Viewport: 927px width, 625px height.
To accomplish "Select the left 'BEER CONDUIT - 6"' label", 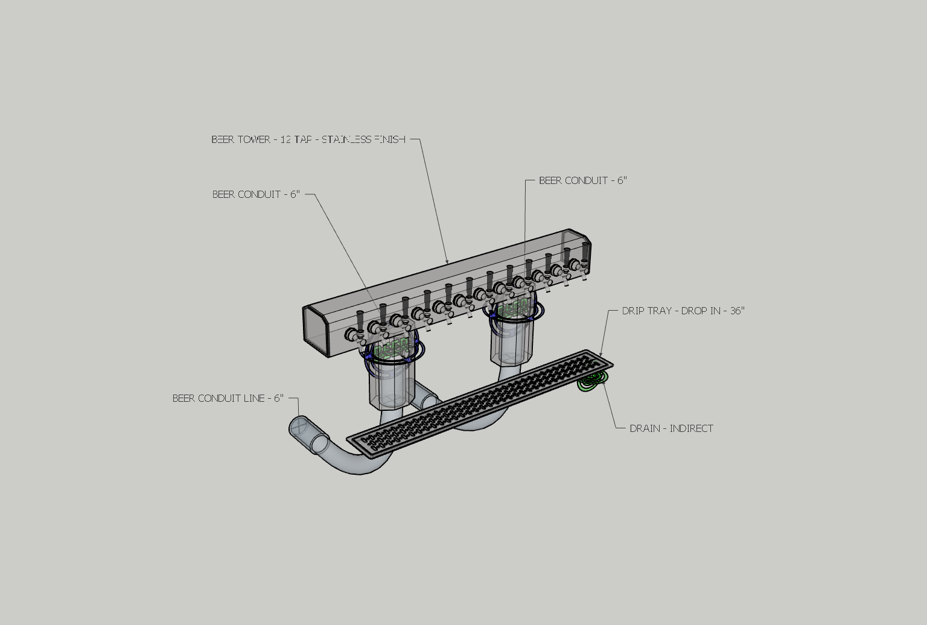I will [256, 194].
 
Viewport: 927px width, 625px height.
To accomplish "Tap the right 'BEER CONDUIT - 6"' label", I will [583, 180].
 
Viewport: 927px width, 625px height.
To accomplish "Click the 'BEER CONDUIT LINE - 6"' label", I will [228, 398].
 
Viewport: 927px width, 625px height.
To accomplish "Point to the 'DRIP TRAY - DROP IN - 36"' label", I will [683, 311].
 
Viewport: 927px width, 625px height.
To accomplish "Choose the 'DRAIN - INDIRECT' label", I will [671, 428].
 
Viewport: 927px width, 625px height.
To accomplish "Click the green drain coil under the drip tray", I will [591, 382].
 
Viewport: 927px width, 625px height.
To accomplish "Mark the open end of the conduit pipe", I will [300, 426].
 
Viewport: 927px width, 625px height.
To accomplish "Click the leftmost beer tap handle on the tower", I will [360, 320].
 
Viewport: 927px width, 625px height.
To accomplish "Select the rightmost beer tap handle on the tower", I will [585, 250].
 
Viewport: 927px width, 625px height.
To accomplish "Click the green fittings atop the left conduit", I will [391, 348].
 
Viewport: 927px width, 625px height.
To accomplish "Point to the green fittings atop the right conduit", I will [512, 308].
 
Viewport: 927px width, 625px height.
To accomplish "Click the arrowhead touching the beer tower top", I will [447, 262].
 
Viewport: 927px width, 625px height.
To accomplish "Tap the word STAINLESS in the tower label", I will [346, 139].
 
